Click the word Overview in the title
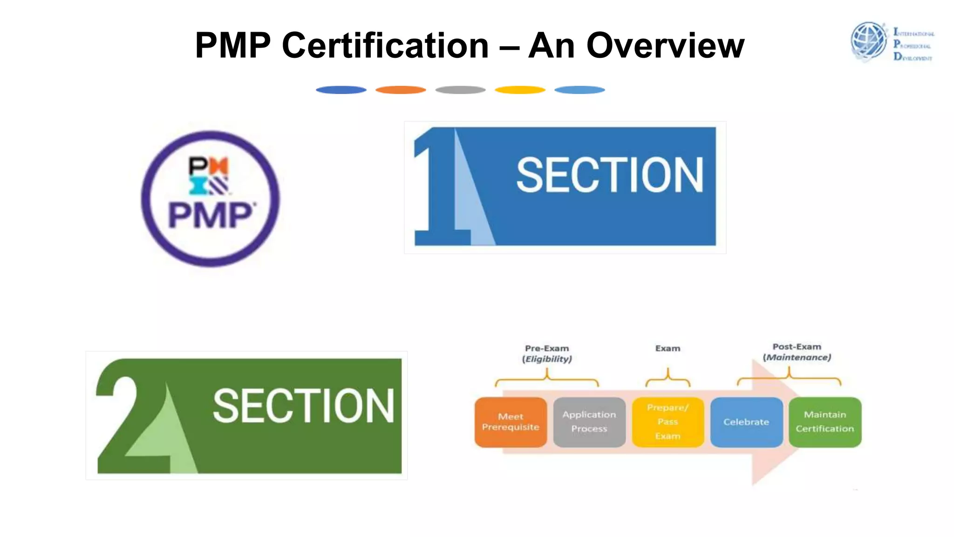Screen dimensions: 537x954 pyautogui.click(x=665, y=46)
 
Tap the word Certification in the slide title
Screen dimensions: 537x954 pyautogui.click(x=385, y=46)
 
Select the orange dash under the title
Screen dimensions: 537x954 pyautogui.click(x=401, y=90)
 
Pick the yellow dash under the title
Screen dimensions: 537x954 pyautogui.click(x=520, y=90)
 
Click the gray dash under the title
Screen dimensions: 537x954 pyautogui.click(x=460, y=90)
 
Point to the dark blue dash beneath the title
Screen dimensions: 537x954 pyautogui.click(x=341, y=90)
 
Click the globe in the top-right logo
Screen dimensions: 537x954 pyautogui.click(x=869, y=41)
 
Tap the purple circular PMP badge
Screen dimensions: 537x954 pyautogui.click(x=211, y=199)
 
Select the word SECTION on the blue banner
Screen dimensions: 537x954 pyautogui.click(x=609, y=175)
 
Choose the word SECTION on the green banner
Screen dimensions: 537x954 pyautogui.click(x=303, y=406)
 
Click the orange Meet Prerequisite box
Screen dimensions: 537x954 pyautogui.click(x=511, y=422)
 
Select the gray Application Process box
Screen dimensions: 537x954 pyautogui.click(x=589, y=422)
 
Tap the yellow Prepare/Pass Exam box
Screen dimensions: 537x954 pyautogui.click(x=668, y=422)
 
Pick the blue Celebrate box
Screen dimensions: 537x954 pyautogui.click(x=746, y=422)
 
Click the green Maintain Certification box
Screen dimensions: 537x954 pyautogui.click(x=825, y=422)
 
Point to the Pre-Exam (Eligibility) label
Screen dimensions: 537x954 pyautogui.click(x=547, y=353)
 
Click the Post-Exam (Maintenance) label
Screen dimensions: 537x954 pyautogui.click(x=797, y=352)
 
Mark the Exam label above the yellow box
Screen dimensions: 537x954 pyautogui.click(x=668, y=348)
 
